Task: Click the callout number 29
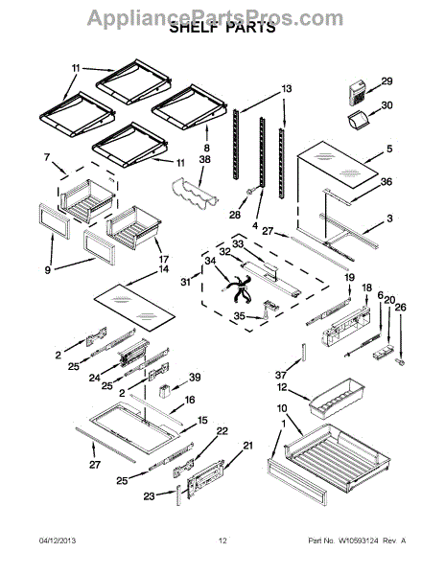pyautogui.click(x=386, y=81)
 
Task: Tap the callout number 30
pyautogui.click(x=386, y=105)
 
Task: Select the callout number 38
pyautogui.click(x=205, y=160)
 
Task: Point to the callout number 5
pyautogui.click(x=389, y=149)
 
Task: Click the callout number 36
pyautogui.click(x=386, y=181)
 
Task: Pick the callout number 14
pyautogui.click(x=164, y=268)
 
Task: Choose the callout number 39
pyautogui.click(x=195, y=377)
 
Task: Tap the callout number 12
pyautogui.click(x=282, y=387)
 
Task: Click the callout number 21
pyautogui.click(x=248, y=446)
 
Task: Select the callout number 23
pyautogui.click(x=149, y=496)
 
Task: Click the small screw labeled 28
pyautogui.click(x=251, y=191)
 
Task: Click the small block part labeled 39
pyautogui.click(x=164, y=390)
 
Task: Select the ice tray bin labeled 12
pyautogui.click(x=338, y=398)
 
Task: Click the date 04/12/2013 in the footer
pyautogui.click(x=58, y=540)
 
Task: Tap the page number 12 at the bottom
pyautogui.click(x=222, y=540)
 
